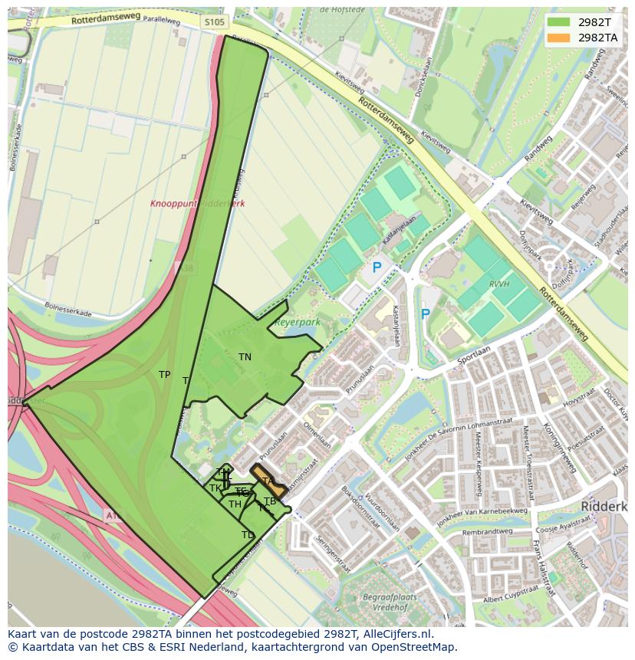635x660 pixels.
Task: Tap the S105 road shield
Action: tap(216, 22)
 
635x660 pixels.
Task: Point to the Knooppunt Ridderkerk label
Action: tap(197, 204)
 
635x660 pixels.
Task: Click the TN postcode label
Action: tap(245, 357)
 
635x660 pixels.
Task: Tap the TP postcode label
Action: tap(164, 375)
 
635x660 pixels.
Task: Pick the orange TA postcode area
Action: tap(268, 481)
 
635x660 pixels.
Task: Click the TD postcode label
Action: tap(248, 535)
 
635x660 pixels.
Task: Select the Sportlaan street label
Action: tap(473, 354)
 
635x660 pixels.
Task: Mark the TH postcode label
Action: tap(235, 504)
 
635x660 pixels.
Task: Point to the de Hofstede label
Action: tap(341, 10)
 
